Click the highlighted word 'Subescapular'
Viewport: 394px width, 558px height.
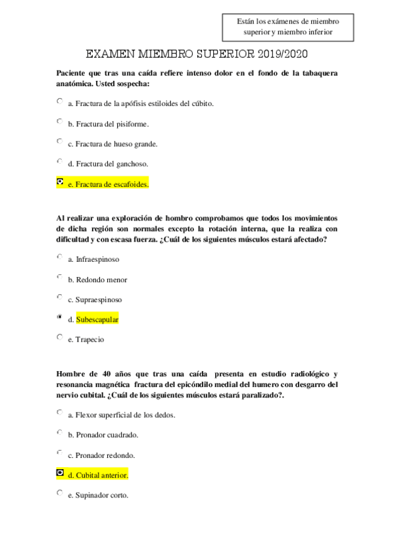point(97,320)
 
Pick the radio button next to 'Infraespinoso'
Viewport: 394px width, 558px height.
point(60,257)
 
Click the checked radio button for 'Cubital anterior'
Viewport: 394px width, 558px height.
point(60,472)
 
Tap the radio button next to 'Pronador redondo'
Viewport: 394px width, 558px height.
point(60,453)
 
